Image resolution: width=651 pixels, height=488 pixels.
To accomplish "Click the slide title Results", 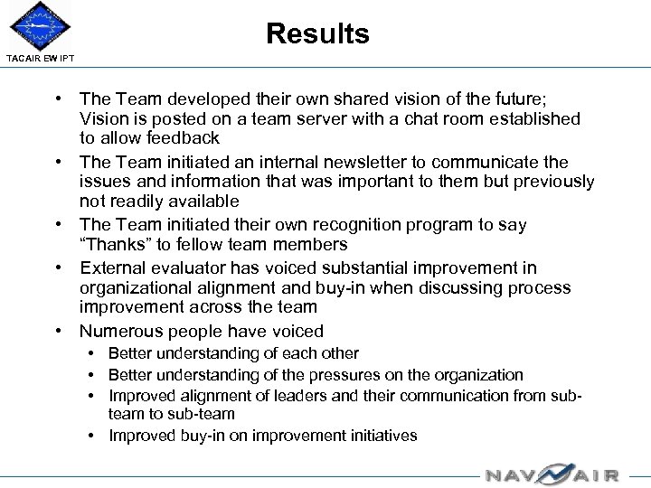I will tap(317, 34).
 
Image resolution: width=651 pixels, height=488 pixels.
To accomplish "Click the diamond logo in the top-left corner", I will tap(40, 26).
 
